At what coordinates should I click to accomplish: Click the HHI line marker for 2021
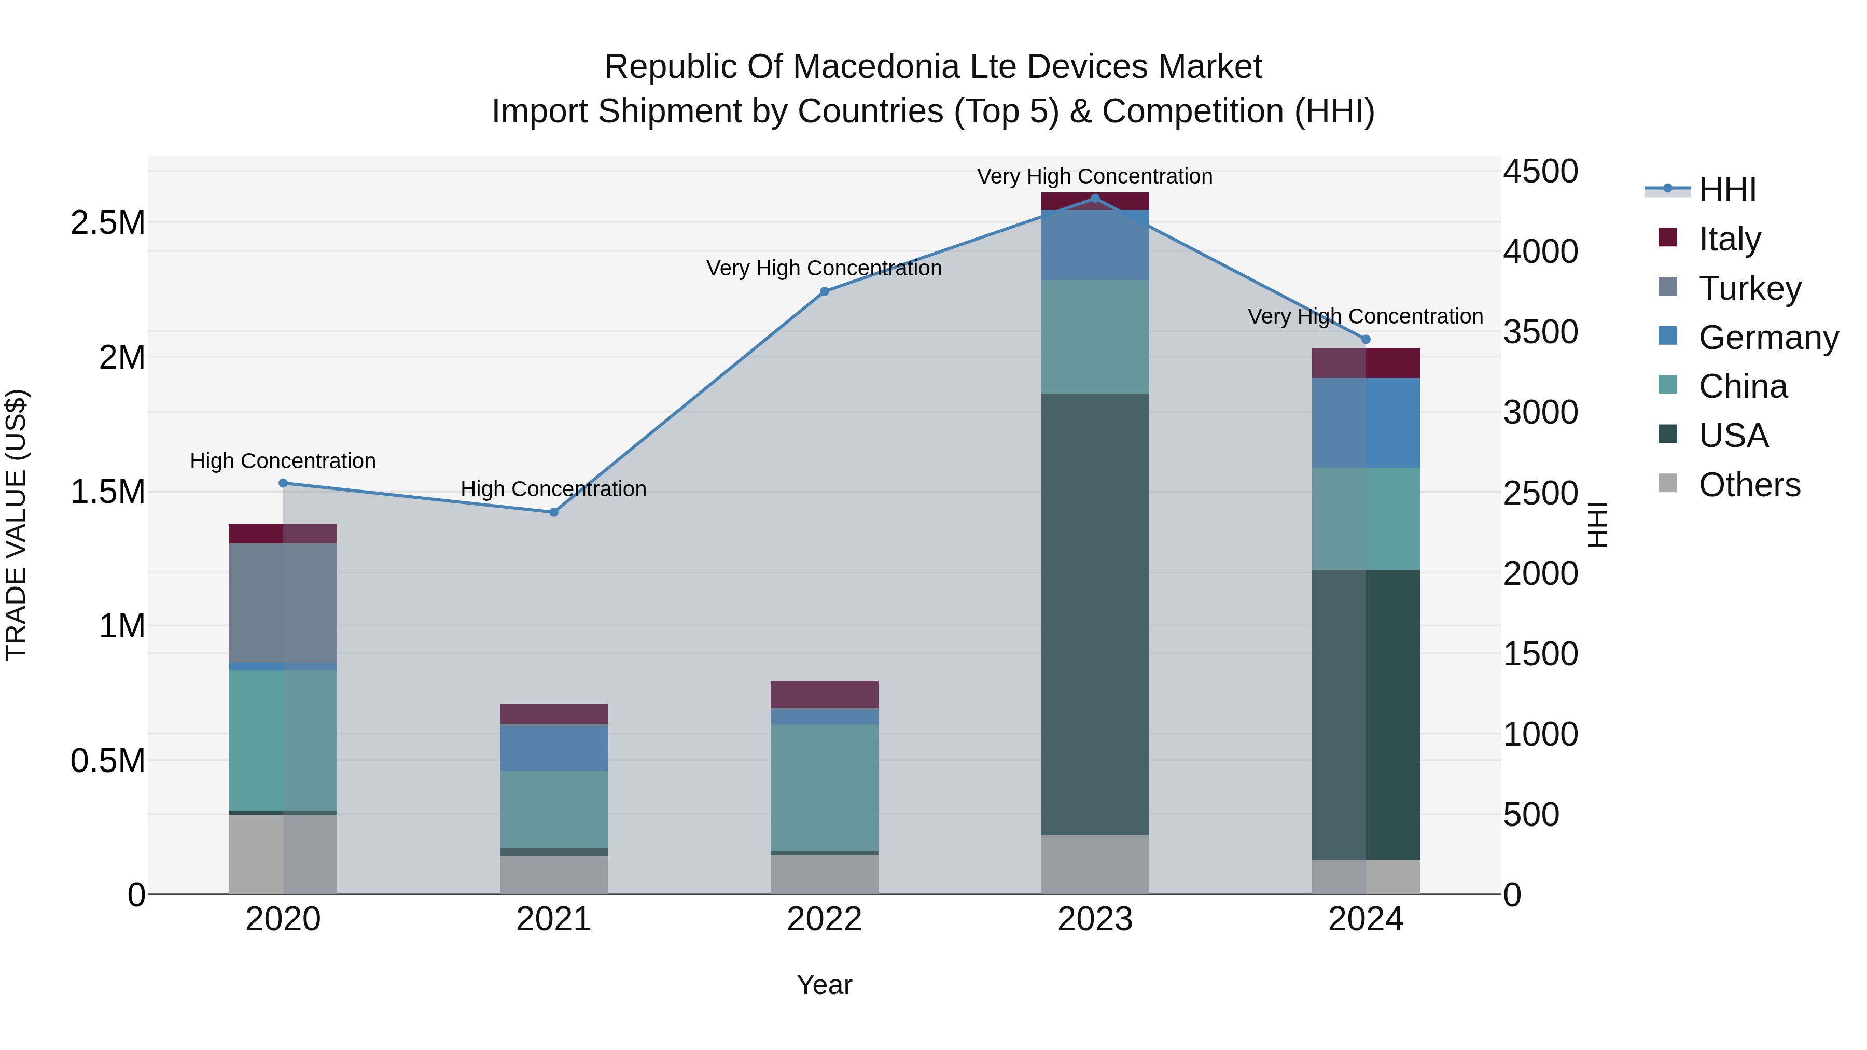[x=554, y=512]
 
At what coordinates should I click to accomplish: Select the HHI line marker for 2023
[x=1095, y=199]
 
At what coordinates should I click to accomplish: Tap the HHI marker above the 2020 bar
[x=283, y=483]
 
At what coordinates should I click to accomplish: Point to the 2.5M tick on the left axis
[x=108, y=222]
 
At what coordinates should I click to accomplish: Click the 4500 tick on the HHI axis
[x=1540, y=172]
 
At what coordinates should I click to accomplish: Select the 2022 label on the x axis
[x=824, y=919]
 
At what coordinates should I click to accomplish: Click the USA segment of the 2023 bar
[x=1095, y=614]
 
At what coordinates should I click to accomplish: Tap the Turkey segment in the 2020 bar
[x=283, y=603]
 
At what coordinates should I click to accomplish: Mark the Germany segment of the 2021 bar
[x=554, y=747]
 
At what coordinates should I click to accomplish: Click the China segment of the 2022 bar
[x=824, y=788]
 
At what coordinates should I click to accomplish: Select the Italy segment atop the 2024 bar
[x=1366, y=363]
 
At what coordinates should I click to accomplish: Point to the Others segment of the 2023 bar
[x=1095, y=864]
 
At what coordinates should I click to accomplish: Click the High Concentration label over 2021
[x=554, y=489]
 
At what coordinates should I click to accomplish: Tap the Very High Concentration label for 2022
[x=824, y=268]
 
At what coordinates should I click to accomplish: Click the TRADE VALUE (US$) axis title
[x=16, y=525]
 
